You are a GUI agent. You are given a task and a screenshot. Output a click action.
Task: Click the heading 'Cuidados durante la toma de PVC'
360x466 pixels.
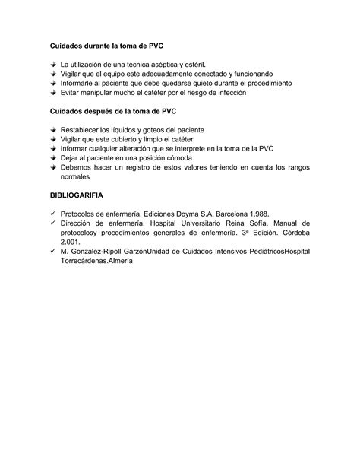tap(106, 45)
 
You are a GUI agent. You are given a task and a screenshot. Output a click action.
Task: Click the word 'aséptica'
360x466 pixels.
tap(161, 65)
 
